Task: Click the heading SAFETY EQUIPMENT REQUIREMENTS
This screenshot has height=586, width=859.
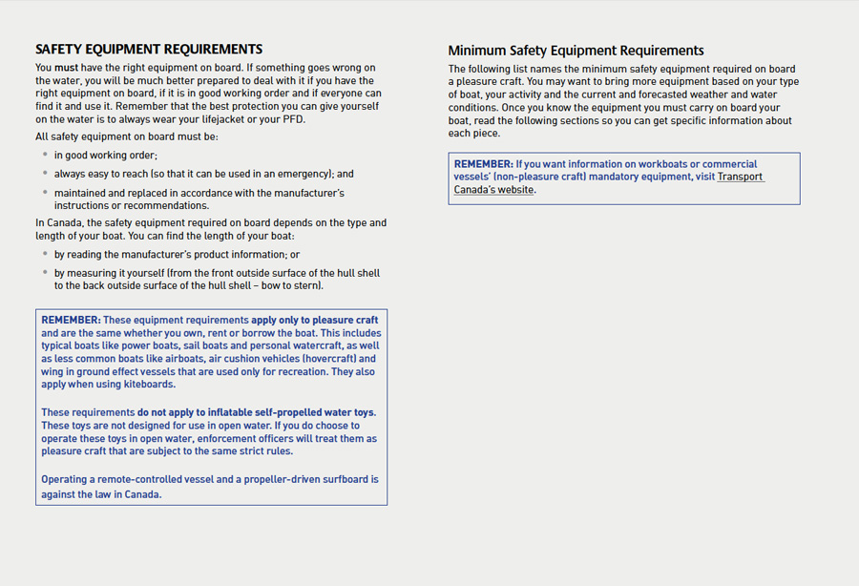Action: (149, 50)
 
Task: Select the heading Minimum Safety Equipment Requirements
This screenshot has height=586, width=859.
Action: (576, 51)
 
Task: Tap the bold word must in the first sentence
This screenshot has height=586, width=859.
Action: (67, 68)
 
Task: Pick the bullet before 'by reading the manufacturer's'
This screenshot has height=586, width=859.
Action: (45, 254)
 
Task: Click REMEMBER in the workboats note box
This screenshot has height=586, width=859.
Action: (483, 164)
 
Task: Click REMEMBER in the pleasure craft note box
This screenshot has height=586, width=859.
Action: (71, 320)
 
